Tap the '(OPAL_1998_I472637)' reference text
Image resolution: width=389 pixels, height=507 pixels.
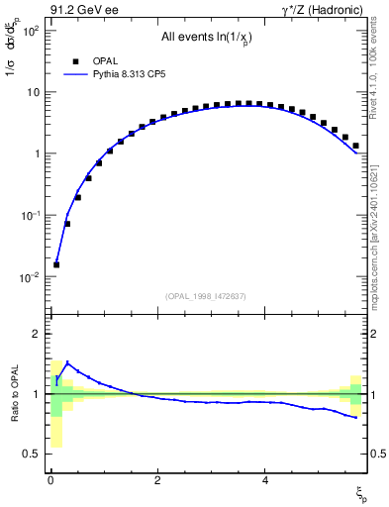(x=208, y=295)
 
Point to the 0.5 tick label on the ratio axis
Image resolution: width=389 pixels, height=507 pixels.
(x=32, y=454)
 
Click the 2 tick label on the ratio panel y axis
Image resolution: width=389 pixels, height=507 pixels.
(x=37, y=334)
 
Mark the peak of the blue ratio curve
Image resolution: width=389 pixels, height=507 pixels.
(x=67, y=362)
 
